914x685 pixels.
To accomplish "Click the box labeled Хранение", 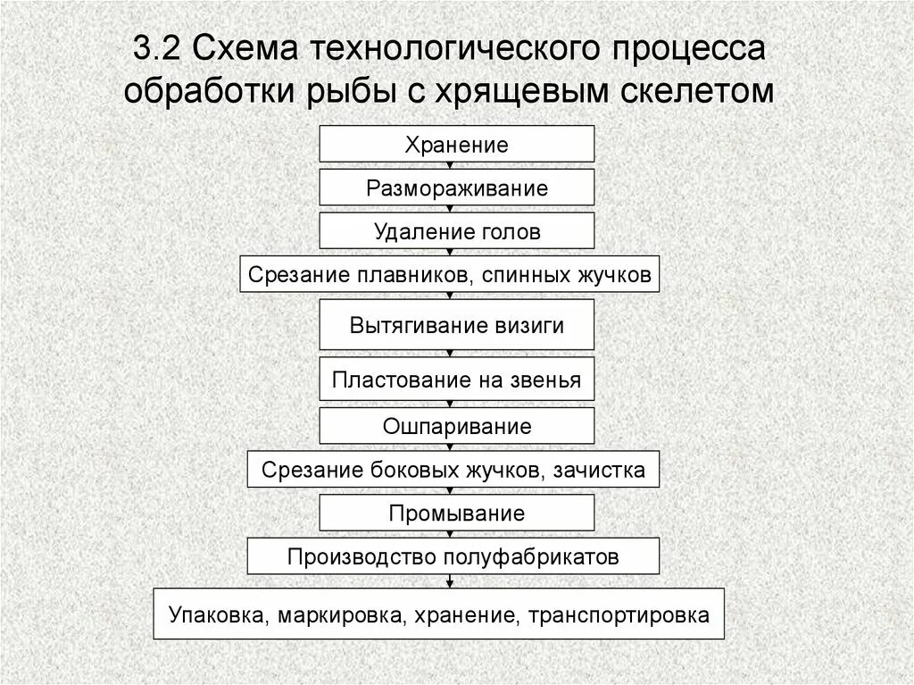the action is coord(456,145).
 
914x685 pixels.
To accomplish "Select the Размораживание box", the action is coord(456,188).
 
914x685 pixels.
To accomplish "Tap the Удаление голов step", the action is coord(456,232).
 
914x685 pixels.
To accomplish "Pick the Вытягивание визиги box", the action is coord(456,325).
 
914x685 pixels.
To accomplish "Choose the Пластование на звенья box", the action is coord(456,380).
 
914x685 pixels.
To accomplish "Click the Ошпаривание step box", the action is coord(456,426).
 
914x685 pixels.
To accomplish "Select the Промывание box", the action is coord(456,514).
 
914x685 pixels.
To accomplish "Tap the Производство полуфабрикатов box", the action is coord(453,557).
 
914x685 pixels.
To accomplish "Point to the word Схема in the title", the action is coord(240,47).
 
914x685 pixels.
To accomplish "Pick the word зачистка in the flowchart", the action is coord(603,470).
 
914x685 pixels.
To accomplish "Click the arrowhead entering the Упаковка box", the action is coord(449,584).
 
